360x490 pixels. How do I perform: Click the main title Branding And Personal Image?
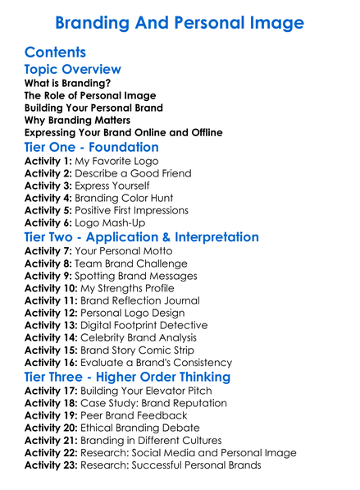click(x=180, y=20)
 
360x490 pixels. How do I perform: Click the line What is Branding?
click(x=67, y=84)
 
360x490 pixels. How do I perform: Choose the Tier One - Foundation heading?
click(x=92, y=147)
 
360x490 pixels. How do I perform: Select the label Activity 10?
click(x=51, y=288)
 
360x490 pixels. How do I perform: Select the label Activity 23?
click(x=51, y=465)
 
